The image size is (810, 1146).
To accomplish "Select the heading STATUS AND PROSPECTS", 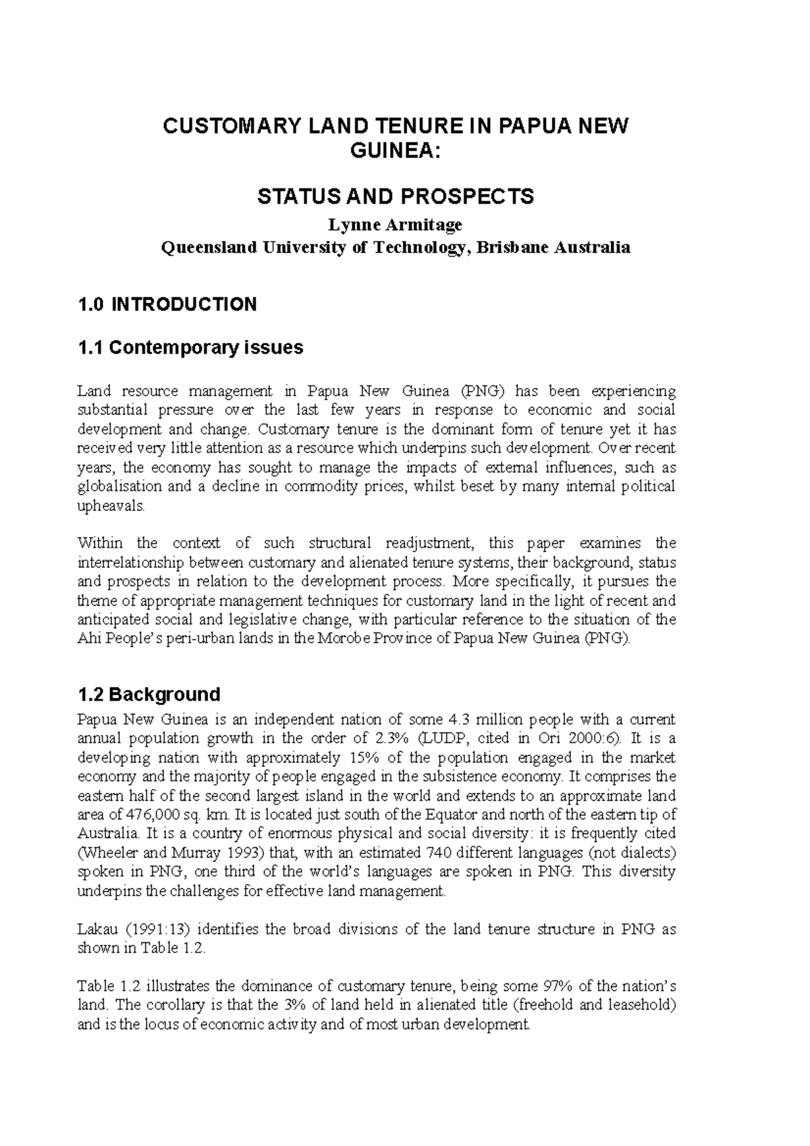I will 396,196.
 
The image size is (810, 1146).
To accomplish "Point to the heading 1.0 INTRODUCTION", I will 167,304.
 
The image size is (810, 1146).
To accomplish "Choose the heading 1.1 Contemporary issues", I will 190,348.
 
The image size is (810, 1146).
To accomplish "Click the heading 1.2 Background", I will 149,694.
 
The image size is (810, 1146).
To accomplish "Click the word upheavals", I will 111,506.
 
